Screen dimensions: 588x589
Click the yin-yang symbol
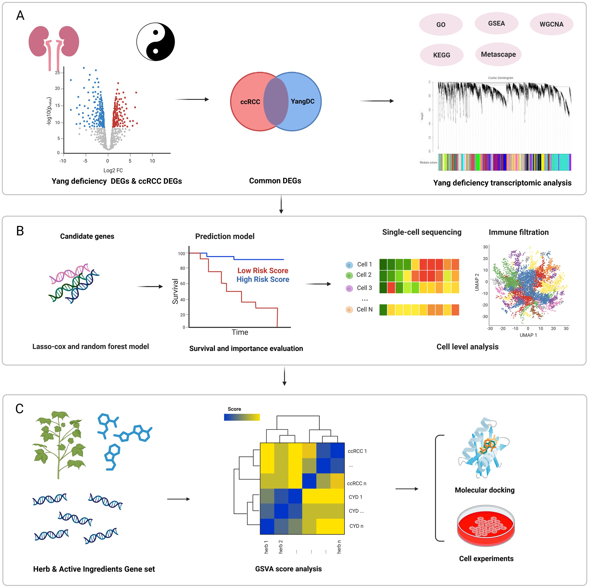(156, 42)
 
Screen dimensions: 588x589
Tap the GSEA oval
(496, 24)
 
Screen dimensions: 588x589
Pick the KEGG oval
(441, 55)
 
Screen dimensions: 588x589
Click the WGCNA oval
(551, 24)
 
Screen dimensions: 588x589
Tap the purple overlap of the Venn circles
(276, 102)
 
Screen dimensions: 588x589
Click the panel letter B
(20, 231)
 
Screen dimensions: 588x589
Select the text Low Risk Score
(263, 270)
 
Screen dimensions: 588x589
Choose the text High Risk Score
(263, 279)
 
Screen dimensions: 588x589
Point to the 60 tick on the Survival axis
(182, 284)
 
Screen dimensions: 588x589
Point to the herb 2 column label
(280, 546)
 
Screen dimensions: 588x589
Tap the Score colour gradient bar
(242, 417)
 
